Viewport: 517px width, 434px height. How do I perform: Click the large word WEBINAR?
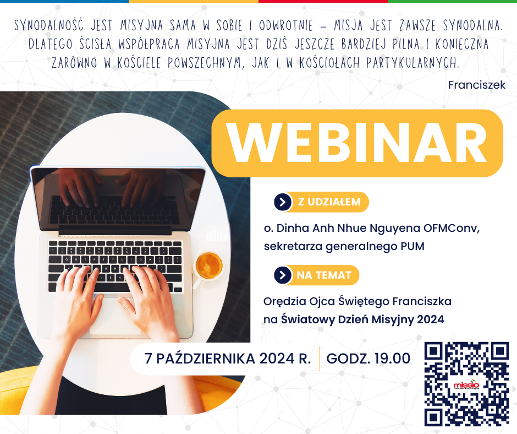pos(357,143)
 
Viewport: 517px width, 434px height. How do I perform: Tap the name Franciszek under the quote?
pos(476,85)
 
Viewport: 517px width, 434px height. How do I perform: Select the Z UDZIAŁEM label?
pos(329,202)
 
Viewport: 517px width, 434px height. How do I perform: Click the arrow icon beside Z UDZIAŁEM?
pos(282,202)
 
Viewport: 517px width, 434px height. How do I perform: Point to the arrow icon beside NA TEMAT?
pos(282,275)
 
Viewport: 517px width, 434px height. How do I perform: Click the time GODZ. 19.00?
pos(368,358)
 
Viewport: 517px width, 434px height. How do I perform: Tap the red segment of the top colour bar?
pos(323,2)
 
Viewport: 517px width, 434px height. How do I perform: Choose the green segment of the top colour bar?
pos(452,2)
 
